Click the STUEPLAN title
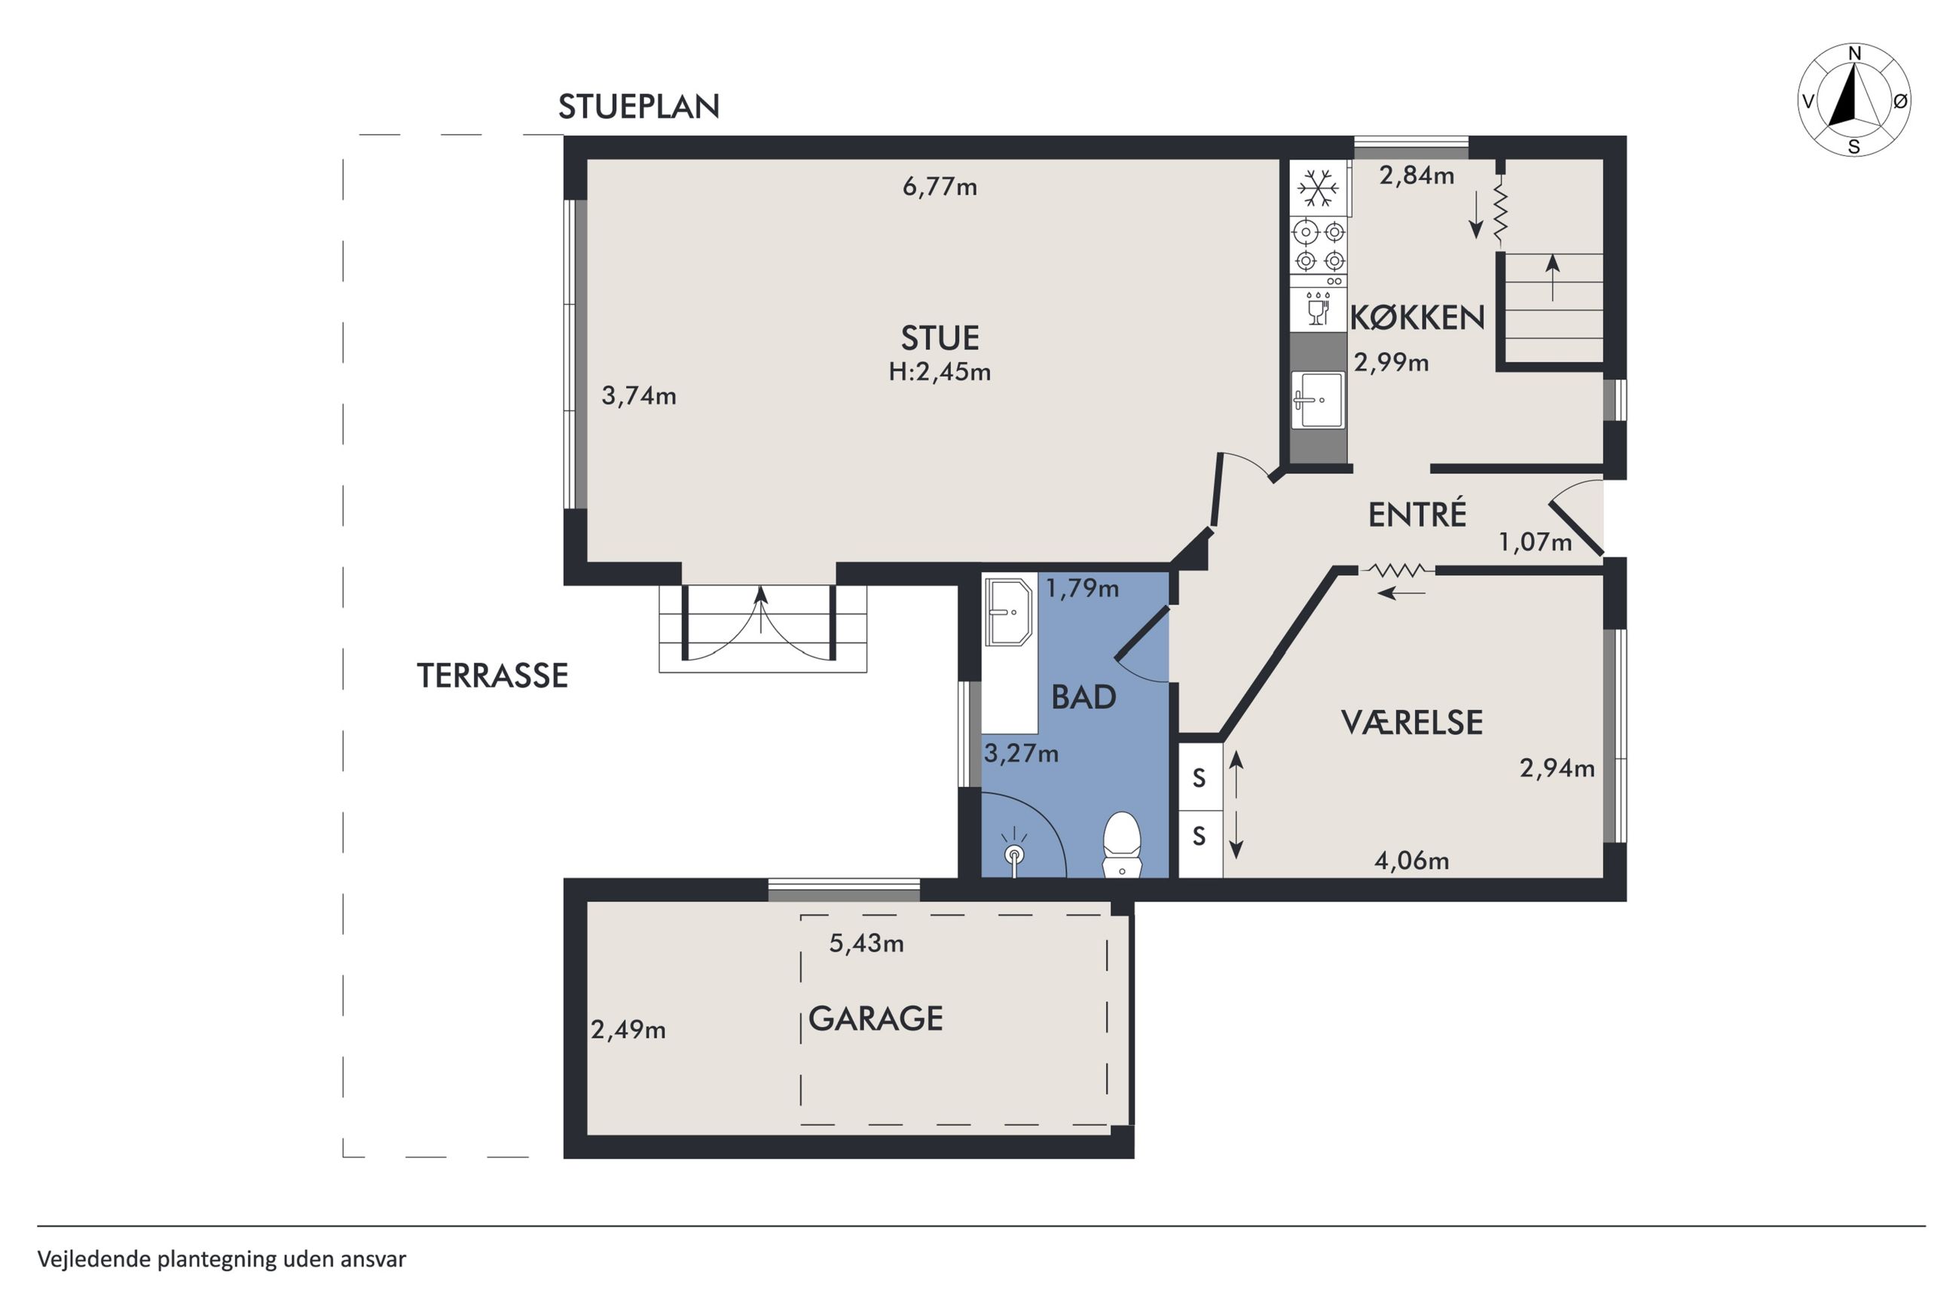click(x=639, y=106)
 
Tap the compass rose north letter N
click(x=1854, y=54)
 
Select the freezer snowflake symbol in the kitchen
click(x=1319, y=188)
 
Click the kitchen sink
click(x=1317, y=400)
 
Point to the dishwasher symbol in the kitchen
click(x=1318, y=307)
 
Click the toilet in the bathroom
click(x=1121, y=844)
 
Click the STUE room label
click(x=940, y=338)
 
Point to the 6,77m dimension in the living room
click(x=940, y=187)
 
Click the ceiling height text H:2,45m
click(x=940, y=371)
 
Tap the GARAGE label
click(x=876, y=1019)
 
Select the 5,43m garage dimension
click(x=866, y=943)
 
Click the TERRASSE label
click(x=492, y=675)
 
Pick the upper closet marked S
click(x=1200, y=777)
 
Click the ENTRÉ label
click(x=1417, y=514)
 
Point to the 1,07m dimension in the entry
click(x=1536, y=543)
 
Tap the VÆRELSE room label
click(x=1412, y=722)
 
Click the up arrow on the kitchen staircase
click(x=1553, y=277)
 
